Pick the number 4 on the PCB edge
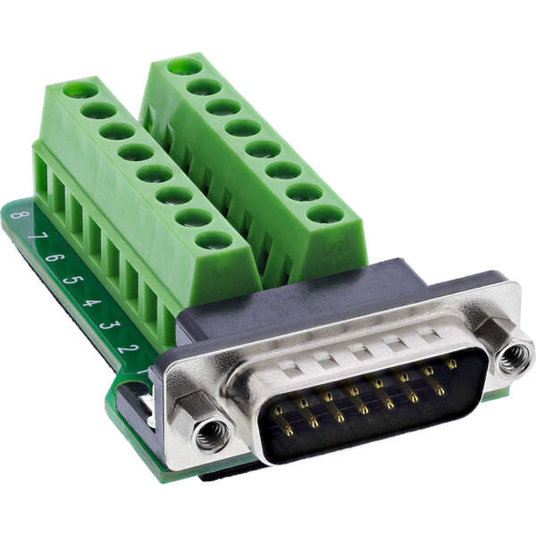click(89, 302)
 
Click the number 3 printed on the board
click(107, 324)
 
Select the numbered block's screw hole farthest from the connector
click(80, 89)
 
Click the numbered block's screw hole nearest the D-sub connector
click(213, 239)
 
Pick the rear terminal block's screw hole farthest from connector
click(184, 65)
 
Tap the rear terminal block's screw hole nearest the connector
click(324, 214)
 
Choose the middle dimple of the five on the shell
click(358, 349)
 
